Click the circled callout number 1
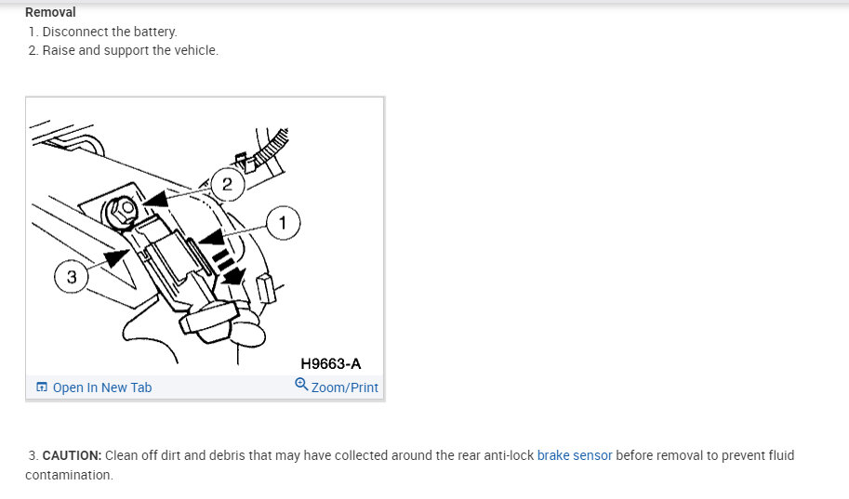coord(283,223)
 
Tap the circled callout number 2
coord(227,184)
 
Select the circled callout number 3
coord(72,277)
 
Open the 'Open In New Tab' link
coord(101,387)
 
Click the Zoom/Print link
coord(344,387)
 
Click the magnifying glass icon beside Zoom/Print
coord(300,385)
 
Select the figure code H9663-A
coord(330,363)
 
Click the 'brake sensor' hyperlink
coord(575,455)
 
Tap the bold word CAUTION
coord(72,455)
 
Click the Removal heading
coord(50,12)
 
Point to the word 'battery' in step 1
coord(153,32)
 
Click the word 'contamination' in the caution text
coord(68,475)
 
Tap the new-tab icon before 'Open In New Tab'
coord(41,387)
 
